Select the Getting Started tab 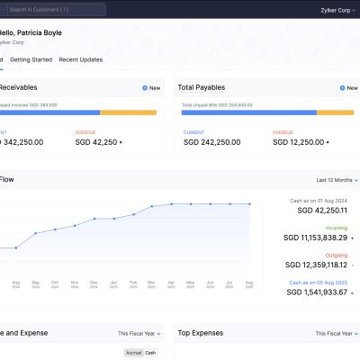pos(31,59)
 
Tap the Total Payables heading pos(202,87)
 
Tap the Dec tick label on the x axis pos(94,284)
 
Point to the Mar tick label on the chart pos(152,284)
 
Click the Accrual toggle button pos(133,353)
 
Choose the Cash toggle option pos(150,353)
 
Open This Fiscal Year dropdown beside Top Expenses pos(333,333)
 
